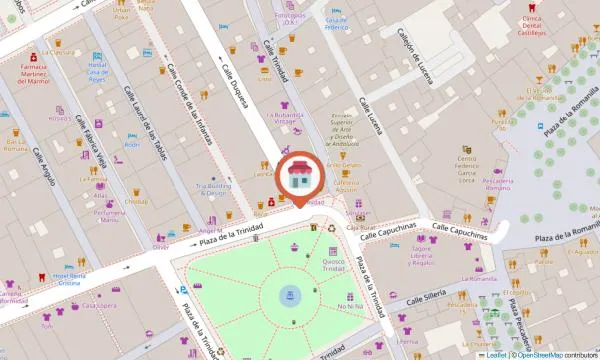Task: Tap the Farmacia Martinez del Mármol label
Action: tap(34, 73)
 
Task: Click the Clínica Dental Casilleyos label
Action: tap(531, 26)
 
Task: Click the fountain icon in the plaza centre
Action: tap(290, 296)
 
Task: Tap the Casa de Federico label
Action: tap(335, 22)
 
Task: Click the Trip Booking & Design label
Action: tap(211, 189)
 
